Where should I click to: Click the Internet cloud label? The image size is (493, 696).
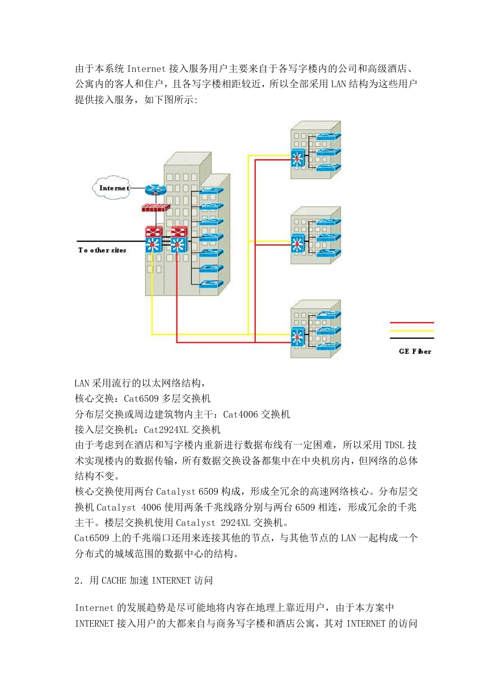114,188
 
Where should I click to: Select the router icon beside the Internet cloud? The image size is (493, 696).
155,189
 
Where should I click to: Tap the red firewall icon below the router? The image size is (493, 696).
156,208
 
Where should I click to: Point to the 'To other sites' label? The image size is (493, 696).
102,250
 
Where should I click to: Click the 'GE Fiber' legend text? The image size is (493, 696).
415,351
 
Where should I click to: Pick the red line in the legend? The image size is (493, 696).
412,322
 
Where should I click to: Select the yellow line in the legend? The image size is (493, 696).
412,330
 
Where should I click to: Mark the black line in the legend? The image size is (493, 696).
412,338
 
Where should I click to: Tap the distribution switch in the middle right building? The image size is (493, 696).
298,243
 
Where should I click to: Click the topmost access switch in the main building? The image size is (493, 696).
211,191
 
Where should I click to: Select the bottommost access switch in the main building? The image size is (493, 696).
211,284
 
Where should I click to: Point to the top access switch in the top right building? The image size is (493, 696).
328,137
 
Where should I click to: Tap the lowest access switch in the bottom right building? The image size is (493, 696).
328,346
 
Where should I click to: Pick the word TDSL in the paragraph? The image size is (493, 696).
395,445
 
